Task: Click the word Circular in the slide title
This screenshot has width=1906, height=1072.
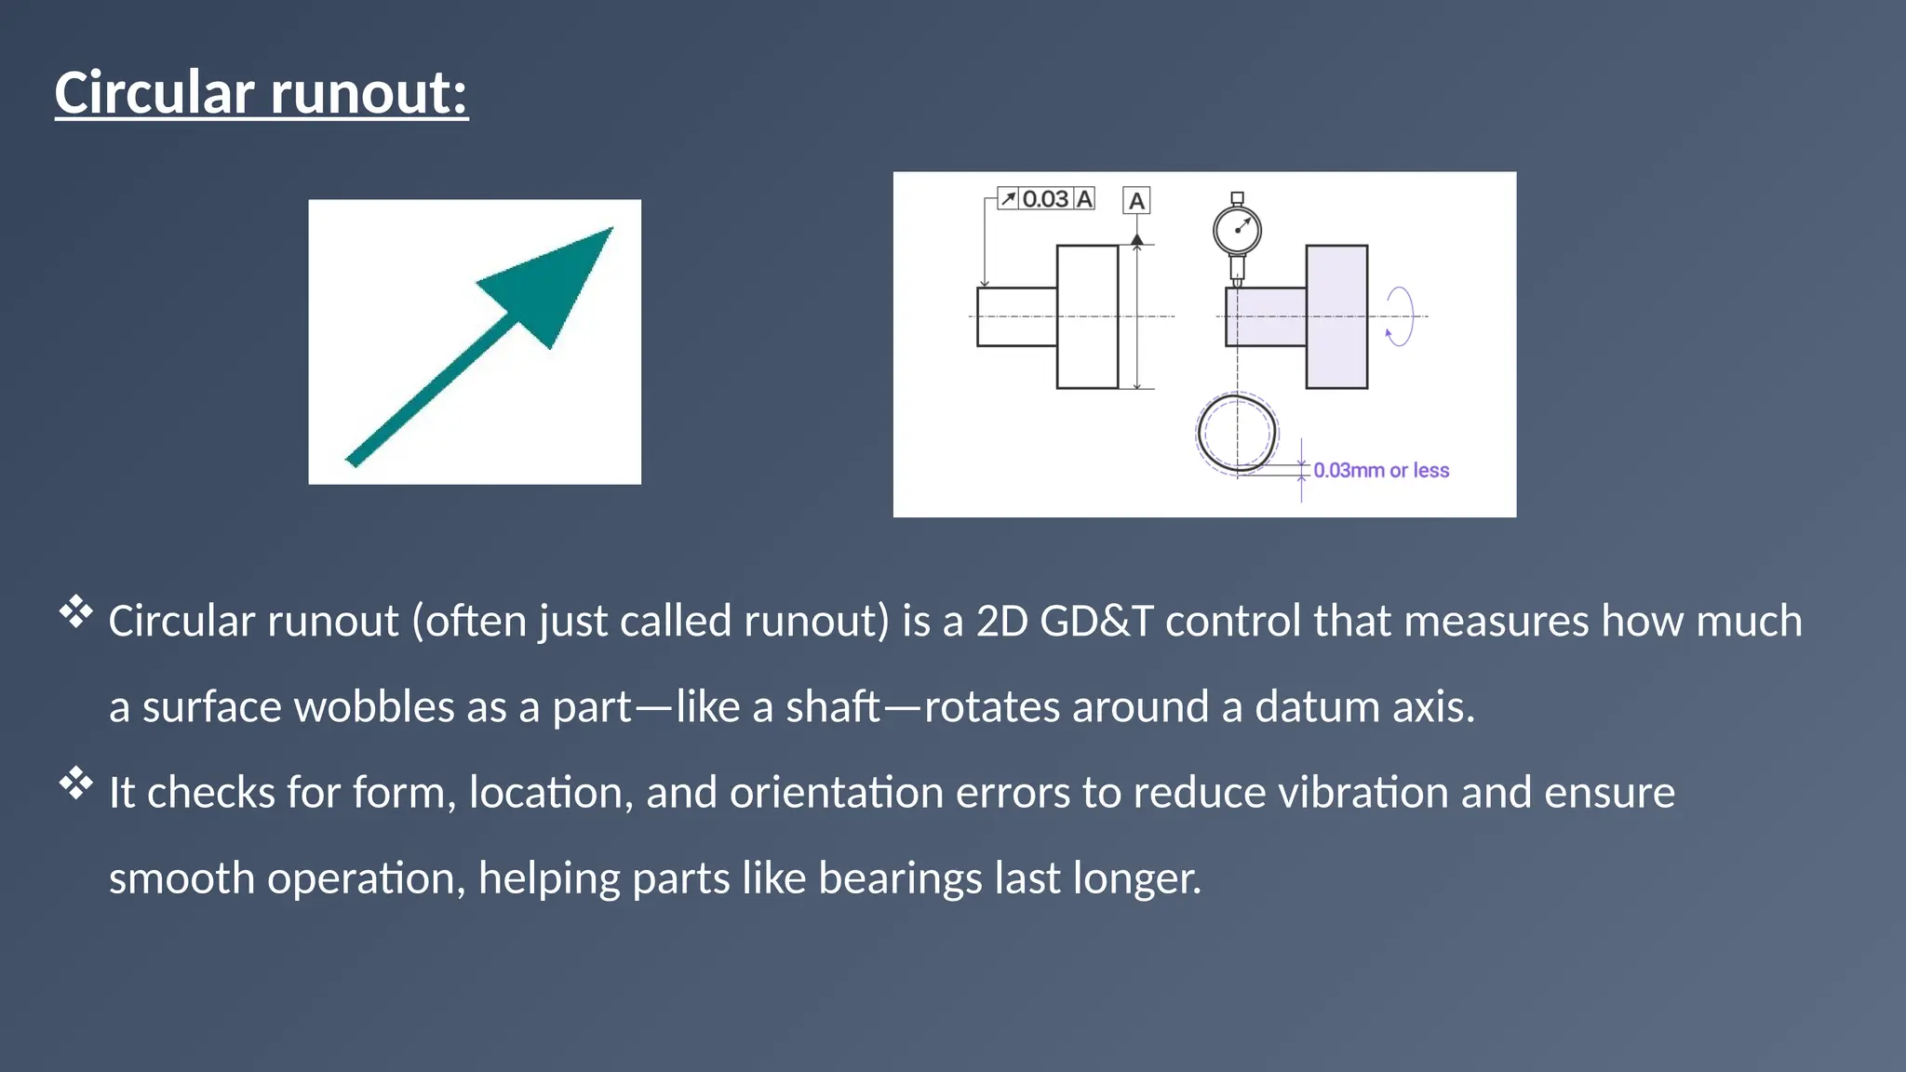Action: [x=154, y=93]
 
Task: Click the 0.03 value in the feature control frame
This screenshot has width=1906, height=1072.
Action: [x=1045, y=199]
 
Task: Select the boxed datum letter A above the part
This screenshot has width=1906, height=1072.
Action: [x=1136, y=201]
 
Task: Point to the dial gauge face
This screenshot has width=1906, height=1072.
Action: [x=1237, y=229]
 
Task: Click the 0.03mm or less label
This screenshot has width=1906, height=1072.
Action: [x=1381, y=471]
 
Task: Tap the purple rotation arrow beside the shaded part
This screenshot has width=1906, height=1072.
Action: [x=1399, y=317]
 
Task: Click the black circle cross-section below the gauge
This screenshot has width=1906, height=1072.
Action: [x=1236, y=434]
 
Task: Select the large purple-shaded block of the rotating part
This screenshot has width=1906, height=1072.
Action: [x=1336, y=316]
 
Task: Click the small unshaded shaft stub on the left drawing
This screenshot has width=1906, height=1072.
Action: [x=1016, y=317]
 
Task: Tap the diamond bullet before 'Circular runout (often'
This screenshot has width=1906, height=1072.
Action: [x=76, y=612]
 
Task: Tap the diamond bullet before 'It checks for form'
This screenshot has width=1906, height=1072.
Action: [x=76, y=784]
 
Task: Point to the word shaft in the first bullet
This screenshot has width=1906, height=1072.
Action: [x=832, y=707]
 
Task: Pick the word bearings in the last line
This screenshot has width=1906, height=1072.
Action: [x=899, y=878]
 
